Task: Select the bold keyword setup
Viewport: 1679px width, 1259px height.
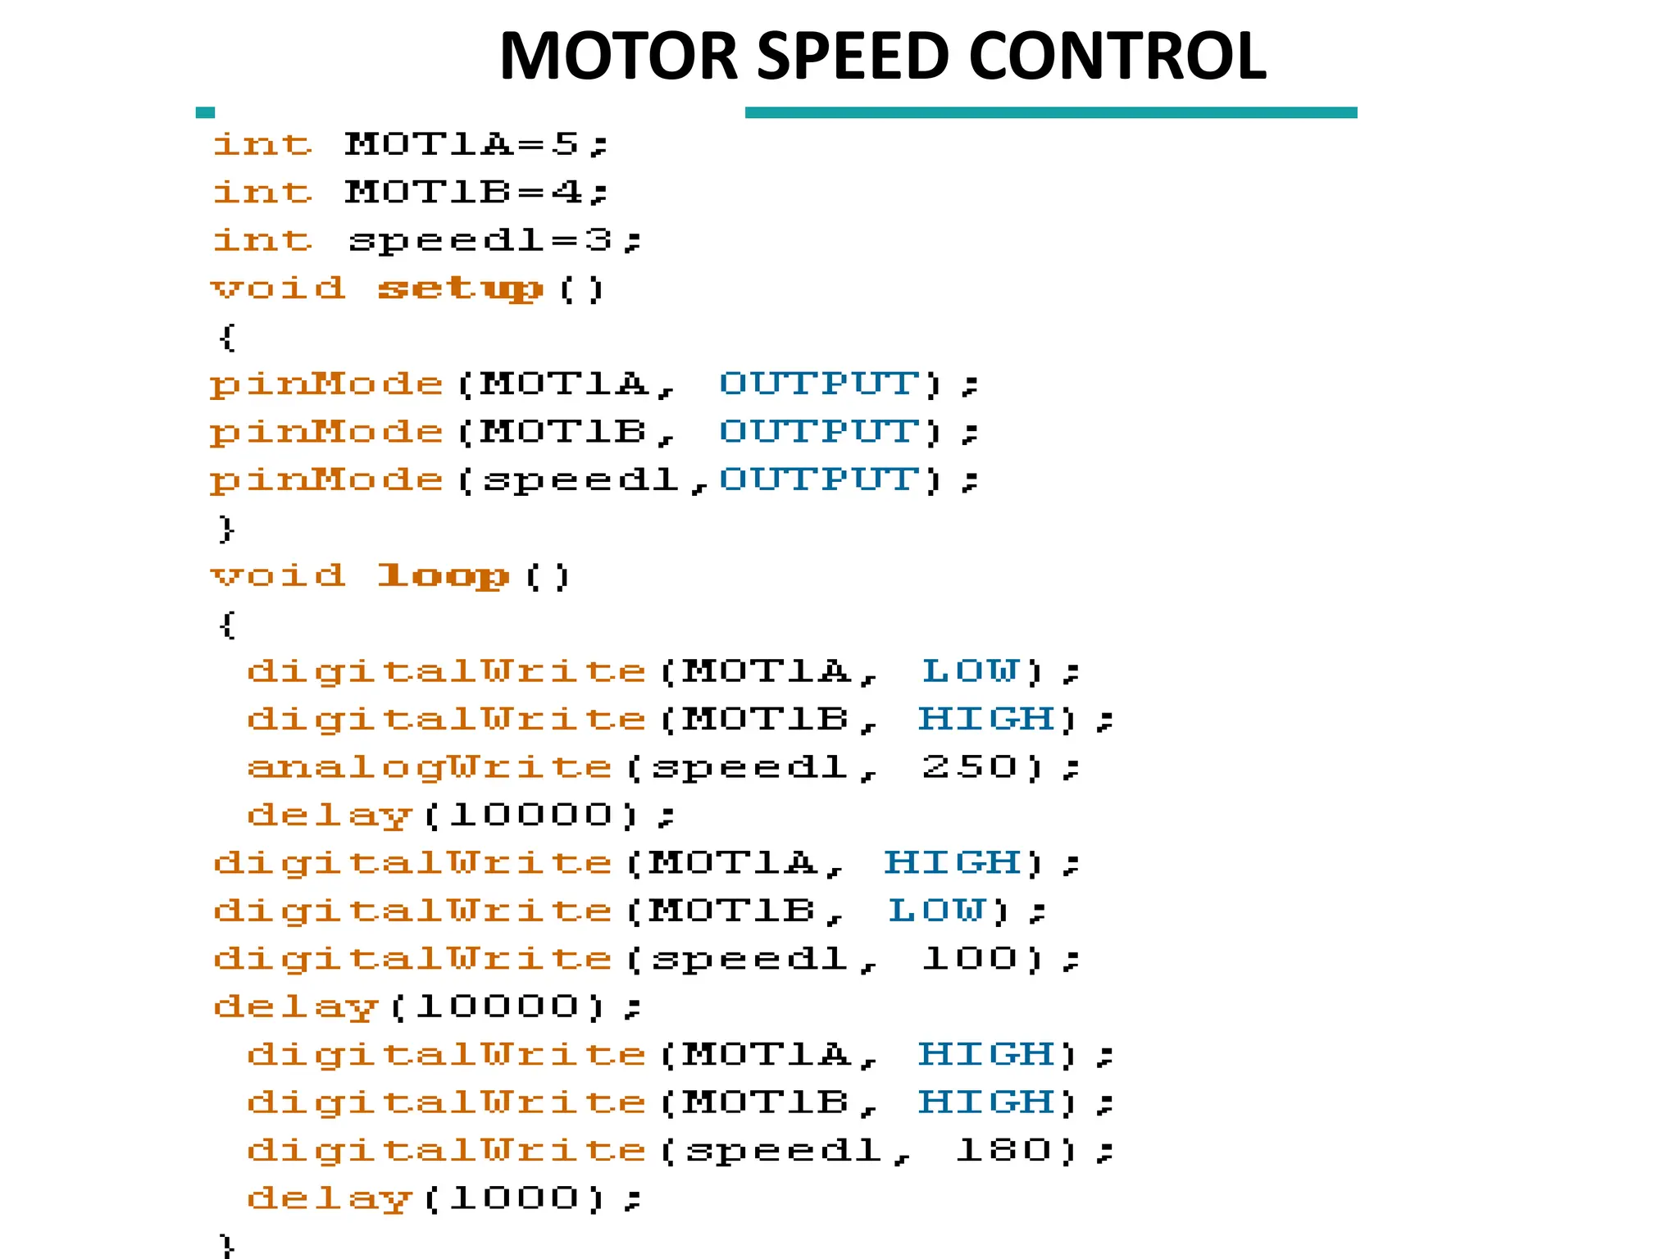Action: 460,289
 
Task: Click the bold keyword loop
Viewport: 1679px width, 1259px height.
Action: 443,576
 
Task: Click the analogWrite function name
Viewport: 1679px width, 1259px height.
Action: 430,767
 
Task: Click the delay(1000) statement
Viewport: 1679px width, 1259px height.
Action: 443,1198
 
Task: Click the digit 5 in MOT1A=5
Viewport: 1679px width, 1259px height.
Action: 566,144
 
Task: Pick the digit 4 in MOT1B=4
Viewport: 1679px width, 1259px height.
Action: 566,193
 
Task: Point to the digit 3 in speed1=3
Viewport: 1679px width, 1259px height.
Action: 598,240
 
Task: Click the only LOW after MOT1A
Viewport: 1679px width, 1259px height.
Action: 971,671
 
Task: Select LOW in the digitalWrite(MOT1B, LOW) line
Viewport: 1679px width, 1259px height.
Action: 936,911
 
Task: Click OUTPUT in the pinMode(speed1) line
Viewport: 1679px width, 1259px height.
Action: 818,480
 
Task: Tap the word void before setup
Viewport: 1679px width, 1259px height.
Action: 278,289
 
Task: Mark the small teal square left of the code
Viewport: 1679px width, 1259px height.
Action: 205,112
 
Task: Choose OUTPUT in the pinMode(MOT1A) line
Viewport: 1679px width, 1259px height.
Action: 818,384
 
